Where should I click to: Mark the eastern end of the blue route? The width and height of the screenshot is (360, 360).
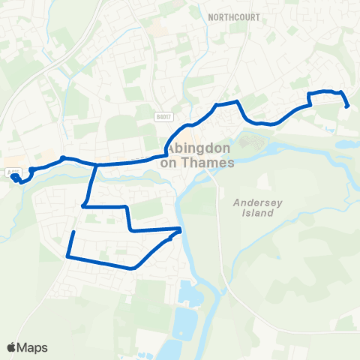click(x=347, y=106)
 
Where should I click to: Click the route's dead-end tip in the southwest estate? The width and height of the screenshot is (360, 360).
click(x=73, y=232)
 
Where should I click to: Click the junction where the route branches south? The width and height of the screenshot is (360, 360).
click(x=95, y=165)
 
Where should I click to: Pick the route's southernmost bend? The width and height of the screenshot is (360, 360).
click(x=133, y=267)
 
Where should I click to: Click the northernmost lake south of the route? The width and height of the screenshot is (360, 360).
click(x=190, y=298)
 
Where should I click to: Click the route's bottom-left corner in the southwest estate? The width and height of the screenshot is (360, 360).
click(x=68, y=256)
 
